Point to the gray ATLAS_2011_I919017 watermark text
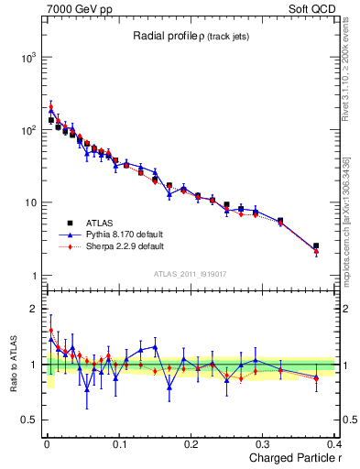190,272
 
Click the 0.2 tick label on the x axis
191,444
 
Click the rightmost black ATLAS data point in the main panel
316,245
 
